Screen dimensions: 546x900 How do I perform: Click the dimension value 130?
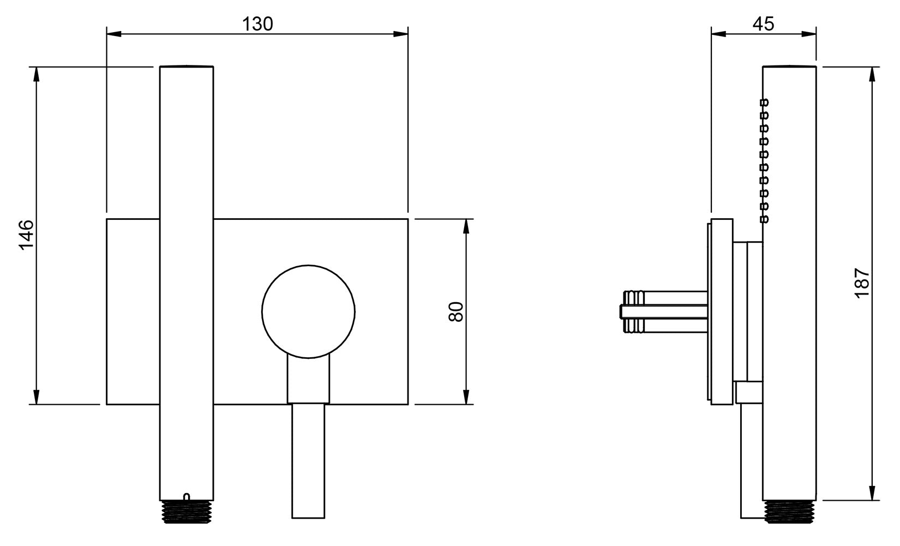point(257,23)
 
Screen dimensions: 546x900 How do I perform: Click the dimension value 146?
point(26,235)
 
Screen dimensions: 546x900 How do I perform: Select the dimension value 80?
point(457,311)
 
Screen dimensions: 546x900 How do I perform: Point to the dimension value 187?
point(862,283)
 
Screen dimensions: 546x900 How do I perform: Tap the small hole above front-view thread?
point(187,496)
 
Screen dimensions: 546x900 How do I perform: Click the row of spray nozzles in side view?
point(764,160)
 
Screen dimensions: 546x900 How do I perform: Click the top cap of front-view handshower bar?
point(187,67)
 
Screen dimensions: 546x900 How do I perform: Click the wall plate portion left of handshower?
point(133,311)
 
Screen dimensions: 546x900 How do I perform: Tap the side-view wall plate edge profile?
point(721,311)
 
